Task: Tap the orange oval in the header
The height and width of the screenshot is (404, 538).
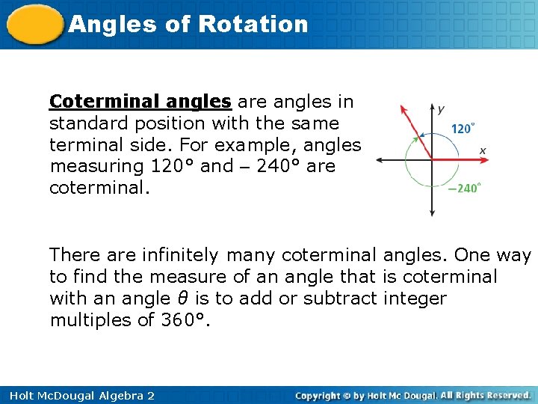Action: (34, 25)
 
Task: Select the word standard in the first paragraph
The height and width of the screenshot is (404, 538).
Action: (90, 123)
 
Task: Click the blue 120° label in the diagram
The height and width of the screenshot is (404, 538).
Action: (462, 129)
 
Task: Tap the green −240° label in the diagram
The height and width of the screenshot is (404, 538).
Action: (463, 189)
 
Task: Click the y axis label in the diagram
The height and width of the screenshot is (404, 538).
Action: (441, 109)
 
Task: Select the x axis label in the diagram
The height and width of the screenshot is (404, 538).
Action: (483, 150)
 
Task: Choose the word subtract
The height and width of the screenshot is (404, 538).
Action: (347, 299)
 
